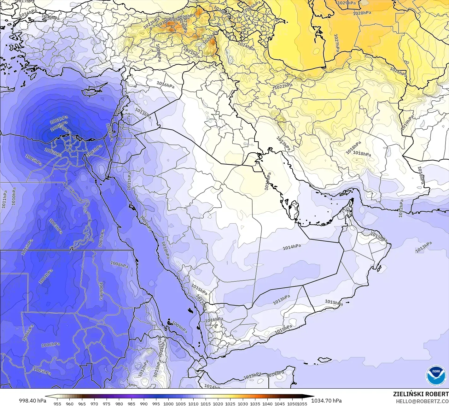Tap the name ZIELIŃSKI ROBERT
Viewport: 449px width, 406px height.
[x=421, y=394]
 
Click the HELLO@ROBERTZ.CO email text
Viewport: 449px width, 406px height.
[x=422, y=401]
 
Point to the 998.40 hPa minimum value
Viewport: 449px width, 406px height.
[x=32, y=401]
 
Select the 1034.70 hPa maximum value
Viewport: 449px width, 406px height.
[x=326, y=401]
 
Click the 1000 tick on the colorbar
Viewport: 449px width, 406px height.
[x=168, y=403]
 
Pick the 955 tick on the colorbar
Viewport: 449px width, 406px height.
[x=57, y=403]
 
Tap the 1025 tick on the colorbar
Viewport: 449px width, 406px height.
[x=230, y=403]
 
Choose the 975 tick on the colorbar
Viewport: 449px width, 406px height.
[x=107, y=403]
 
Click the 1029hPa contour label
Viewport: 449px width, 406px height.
[x=347, y=3]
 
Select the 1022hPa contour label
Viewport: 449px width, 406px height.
[x=283, y=86]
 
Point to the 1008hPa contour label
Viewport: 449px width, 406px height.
[x=119, y=264]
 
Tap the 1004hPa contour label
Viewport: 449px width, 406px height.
[x=46, y=277]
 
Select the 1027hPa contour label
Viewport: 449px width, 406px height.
[x=336, y=43]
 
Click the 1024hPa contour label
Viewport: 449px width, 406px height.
[x=246, y=46]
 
